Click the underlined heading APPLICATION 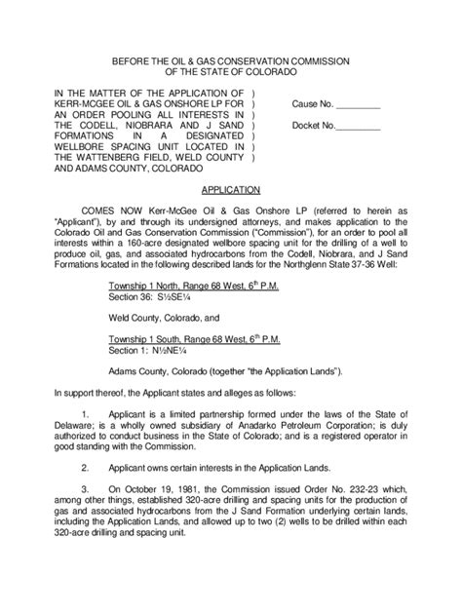(x=230, y=191)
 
